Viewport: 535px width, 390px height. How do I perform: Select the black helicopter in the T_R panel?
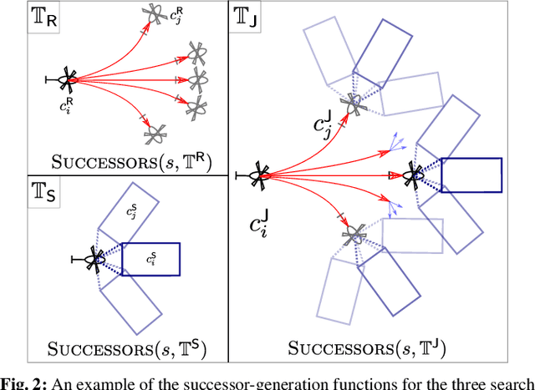coord(67,80)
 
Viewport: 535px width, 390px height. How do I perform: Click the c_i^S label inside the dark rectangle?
coord(151,260)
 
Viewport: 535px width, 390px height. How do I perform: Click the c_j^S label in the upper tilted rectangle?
coord(130,214)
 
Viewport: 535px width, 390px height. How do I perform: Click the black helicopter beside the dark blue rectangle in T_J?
coord(413,175)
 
